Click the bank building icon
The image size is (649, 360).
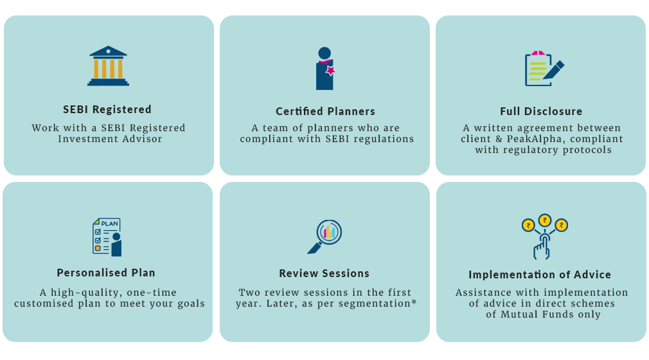point(108,66)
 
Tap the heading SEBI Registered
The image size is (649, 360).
point(107,109)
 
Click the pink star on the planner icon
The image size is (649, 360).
point(330,71)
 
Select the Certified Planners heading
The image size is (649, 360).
point(325,111)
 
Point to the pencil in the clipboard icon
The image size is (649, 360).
point(553,70)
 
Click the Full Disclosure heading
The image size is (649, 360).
point(541,111)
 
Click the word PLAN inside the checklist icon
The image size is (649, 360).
point(110,224)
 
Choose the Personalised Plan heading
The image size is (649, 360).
point(106,273)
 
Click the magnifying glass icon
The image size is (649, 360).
point(324,237)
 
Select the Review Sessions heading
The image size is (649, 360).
point(324,273)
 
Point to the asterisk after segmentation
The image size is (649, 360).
point(414,301)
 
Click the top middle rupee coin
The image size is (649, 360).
point(545,220)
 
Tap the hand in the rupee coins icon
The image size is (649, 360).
point(542,249)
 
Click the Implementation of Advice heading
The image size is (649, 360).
point(540,274)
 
